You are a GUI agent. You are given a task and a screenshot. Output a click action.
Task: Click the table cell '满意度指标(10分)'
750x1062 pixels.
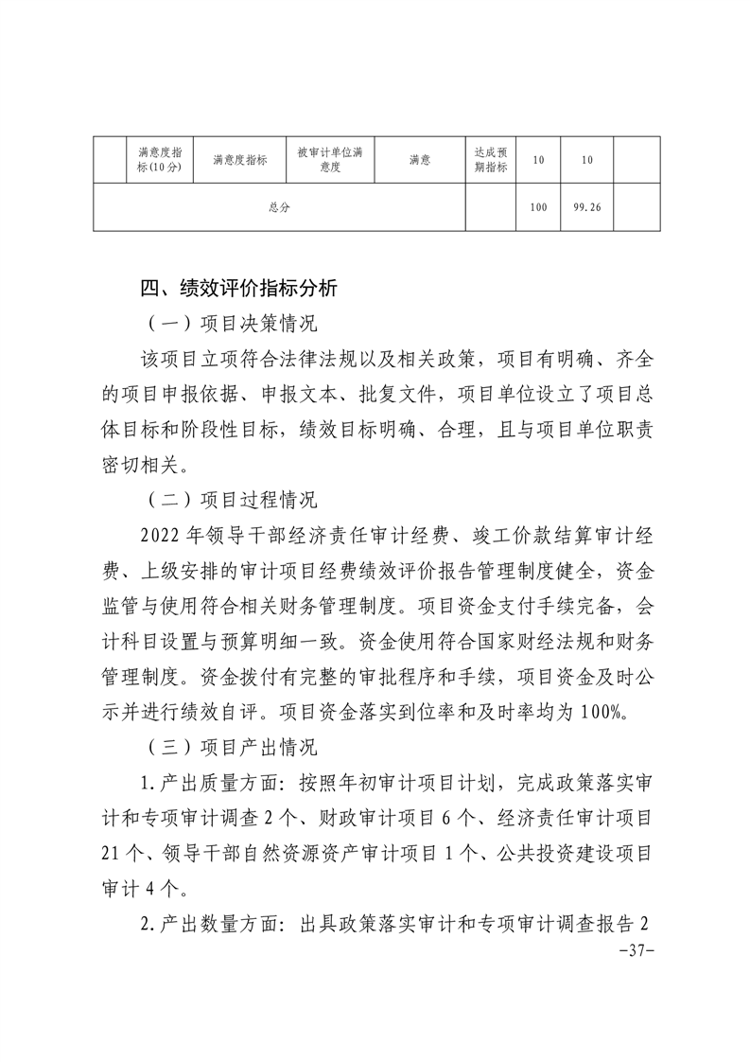pos(160,160)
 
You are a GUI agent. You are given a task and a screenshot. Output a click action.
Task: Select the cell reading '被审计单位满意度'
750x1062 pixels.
pos(330,160)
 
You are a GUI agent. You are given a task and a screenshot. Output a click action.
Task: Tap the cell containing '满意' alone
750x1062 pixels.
pos(420,160)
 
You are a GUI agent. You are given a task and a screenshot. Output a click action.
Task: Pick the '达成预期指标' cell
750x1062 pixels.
pos(490,160)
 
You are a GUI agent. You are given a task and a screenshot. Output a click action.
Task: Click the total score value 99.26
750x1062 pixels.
pos(586,207)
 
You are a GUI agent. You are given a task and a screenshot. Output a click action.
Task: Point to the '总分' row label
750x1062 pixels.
pos(279,207)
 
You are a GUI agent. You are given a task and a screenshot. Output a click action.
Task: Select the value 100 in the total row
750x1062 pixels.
pos(538,207)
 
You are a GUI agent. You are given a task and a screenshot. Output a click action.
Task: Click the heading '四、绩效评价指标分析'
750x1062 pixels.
pos(237,289)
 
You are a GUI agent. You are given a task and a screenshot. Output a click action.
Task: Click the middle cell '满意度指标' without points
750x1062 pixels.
pos(239,160)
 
